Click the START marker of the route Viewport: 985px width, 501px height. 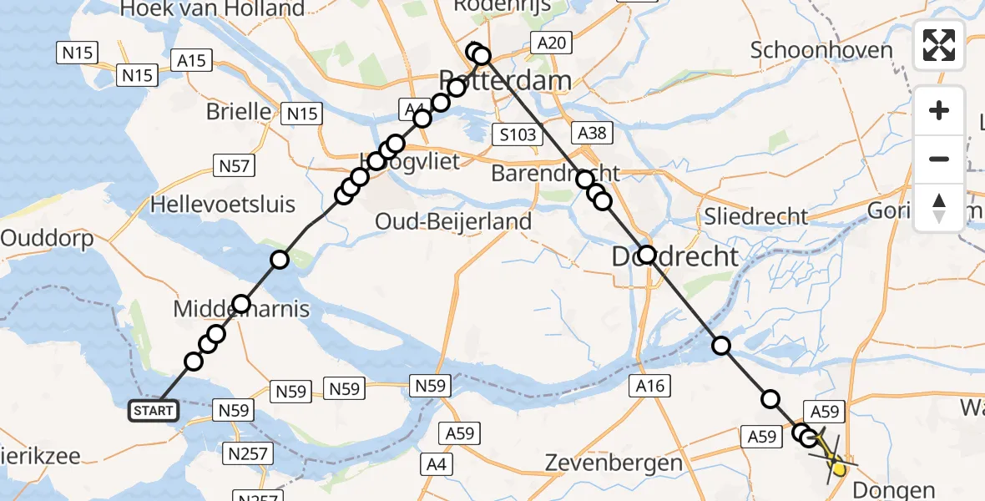(x=154, y=410)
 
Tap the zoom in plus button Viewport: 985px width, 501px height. (x=939, y=111)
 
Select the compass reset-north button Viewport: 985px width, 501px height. (x=939, y=207)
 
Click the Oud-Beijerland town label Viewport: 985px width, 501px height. (x=453, y=222)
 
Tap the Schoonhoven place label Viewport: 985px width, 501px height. (x=821, y=50)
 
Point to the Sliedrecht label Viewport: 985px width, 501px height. (x=756, y=217)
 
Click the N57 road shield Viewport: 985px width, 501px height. (x=235, y=166)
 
